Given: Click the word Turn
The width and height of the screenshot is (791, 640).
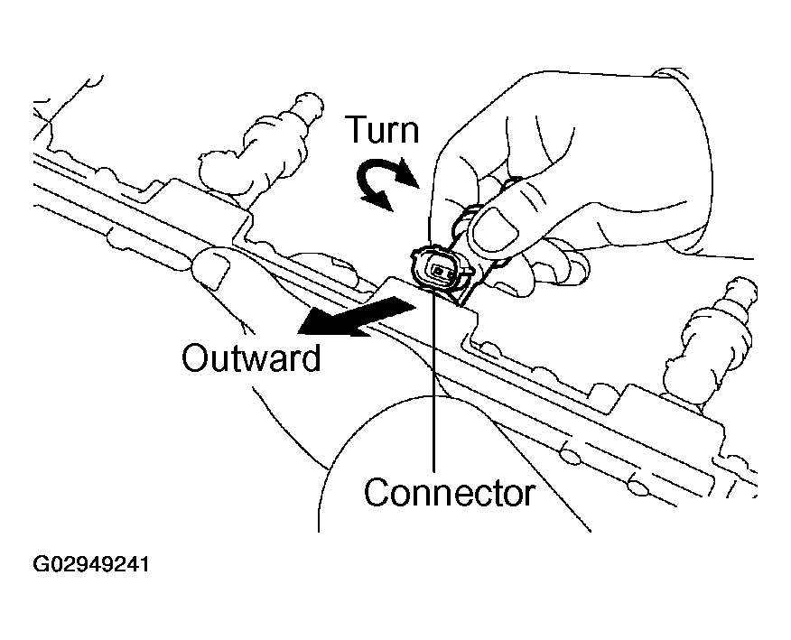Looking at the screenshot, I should [384, 132].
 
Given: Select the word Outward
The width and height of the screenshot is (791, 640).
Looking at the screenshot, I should [251, 358].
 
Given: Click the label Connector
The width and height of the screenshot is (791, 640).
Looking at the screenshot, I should [449, 494].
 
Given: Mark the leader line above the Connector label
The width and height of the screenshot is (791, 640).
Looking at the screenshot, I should [436, 379].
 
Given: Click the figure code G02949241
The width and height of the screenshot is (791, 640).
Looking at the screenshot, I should [91, 566].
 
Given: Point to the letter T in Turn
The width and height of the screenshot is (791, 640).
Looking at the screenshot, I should [358, 132].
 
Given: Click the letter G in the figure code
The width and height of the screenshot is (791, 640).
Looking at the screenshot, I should [41, 566].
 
